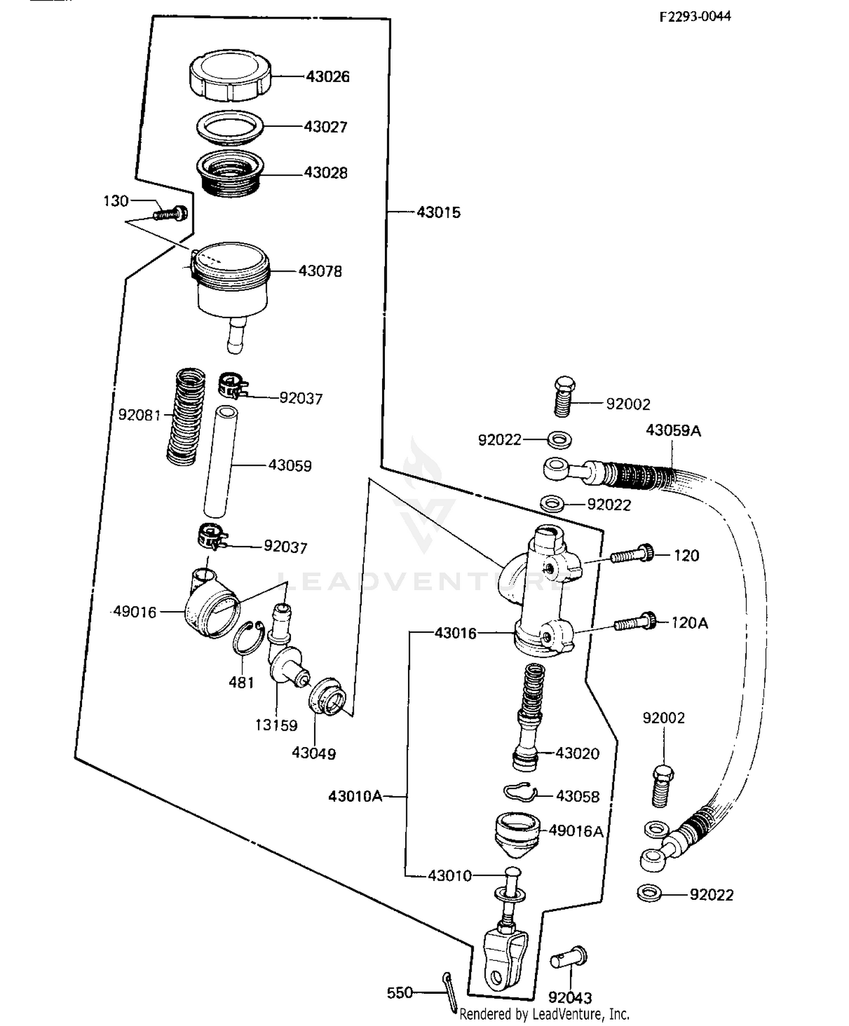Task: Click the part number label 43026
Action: [x=328, y=76]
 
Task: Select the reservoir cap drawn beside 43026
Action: [x=229, y=76]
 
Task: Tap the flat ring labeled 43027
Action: [x=230, y=127]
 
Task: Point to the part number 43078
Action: [x=320, y=271]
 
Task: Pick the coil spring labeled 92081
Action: [x=186, y=417]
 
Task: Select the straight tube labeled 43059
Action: [x=221, y=461]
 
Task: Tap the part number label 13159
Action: [x=276, y=725]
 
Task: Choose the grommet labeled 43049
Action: [x=327, y=697]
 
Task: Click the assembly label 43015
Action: [x=439, y=212]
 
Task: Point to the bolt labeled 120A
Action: [x=635, y=623]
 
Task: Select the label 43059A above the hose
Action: [x=674, y=431]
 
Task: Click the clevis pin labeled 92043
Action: [x=570, y=959]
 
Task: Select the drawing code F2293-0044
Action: [x=695, y=16]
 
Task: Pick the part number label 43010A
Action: [x=355, y=796]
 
